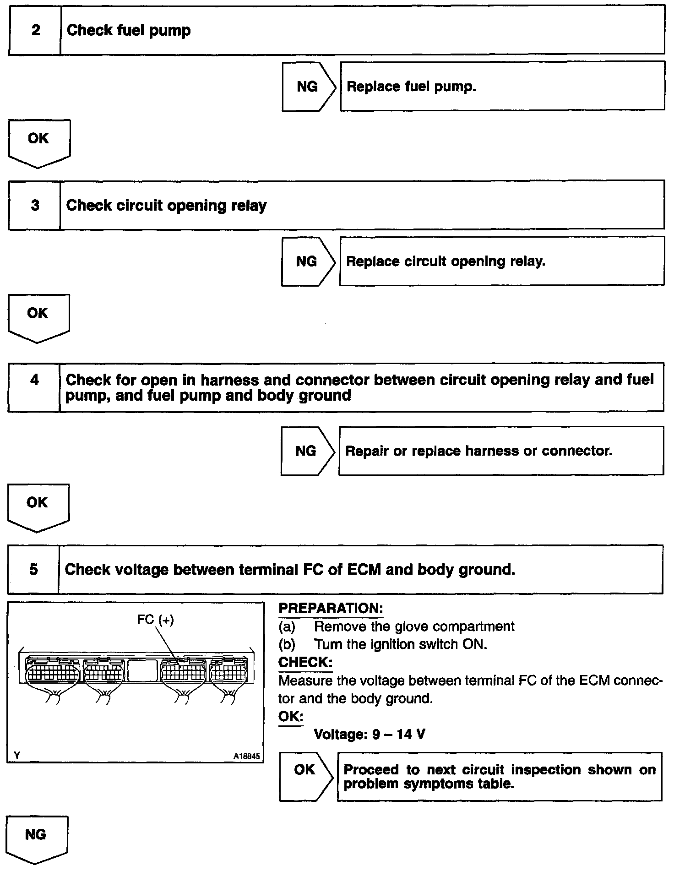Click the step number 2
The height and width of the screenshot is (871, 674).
(x=35, y=31)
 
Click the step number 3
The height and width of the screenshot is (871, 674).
(x=35, y=205)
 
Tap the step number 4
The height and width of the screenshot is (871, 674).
(x=34, y=380)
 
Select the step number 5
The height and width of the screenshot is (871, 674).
(x=33, y=569)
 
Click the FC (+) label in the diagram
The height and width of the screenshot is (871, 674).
(x=155, y=620)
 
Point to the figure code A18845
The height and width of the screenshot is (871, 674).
(x=246, y=757)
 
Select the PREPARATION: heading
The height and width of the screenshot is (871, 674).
(x=331, y=609)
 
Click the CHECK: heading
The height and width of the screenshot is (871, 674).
(x=305, y=662)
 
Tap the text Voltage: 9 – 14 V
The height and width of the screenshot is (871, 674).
(x=370, y=735)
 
